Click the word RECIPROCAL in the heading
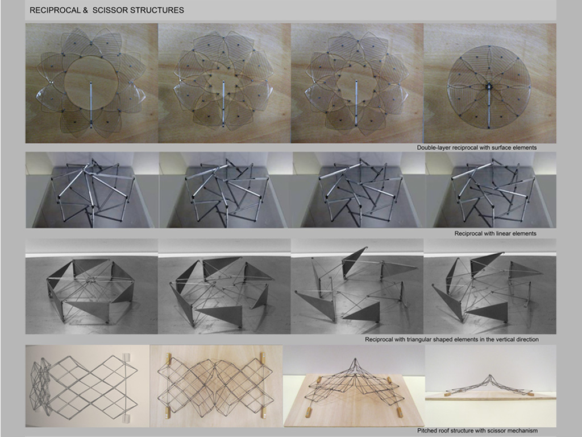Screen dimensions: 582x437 coord(56,10)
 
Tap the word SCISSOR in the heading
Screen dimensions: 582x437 coord(109,10)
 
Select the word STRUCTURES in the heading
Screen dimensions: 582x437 coord(156,10)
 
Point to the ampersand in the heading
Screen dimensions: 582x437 coord(85,10)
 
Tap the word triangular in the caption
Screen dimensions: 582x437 coord(420,339)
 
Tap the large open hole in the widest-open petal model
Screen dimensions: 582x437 coord(91,83)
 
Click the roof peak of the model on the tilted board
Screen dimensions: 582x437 coord(356,360)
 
